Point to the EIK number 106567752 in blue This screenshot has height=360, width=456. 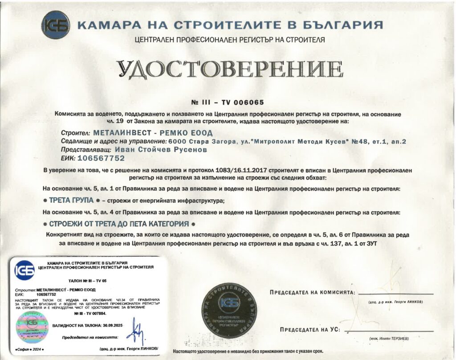(x=101, y=158)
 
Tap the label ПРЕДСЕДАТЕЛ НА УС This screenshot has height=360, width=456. (x=310, y=330)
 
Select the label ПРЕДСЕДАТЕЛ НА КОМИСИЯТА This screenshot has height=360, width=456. (x=312, y=293)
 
